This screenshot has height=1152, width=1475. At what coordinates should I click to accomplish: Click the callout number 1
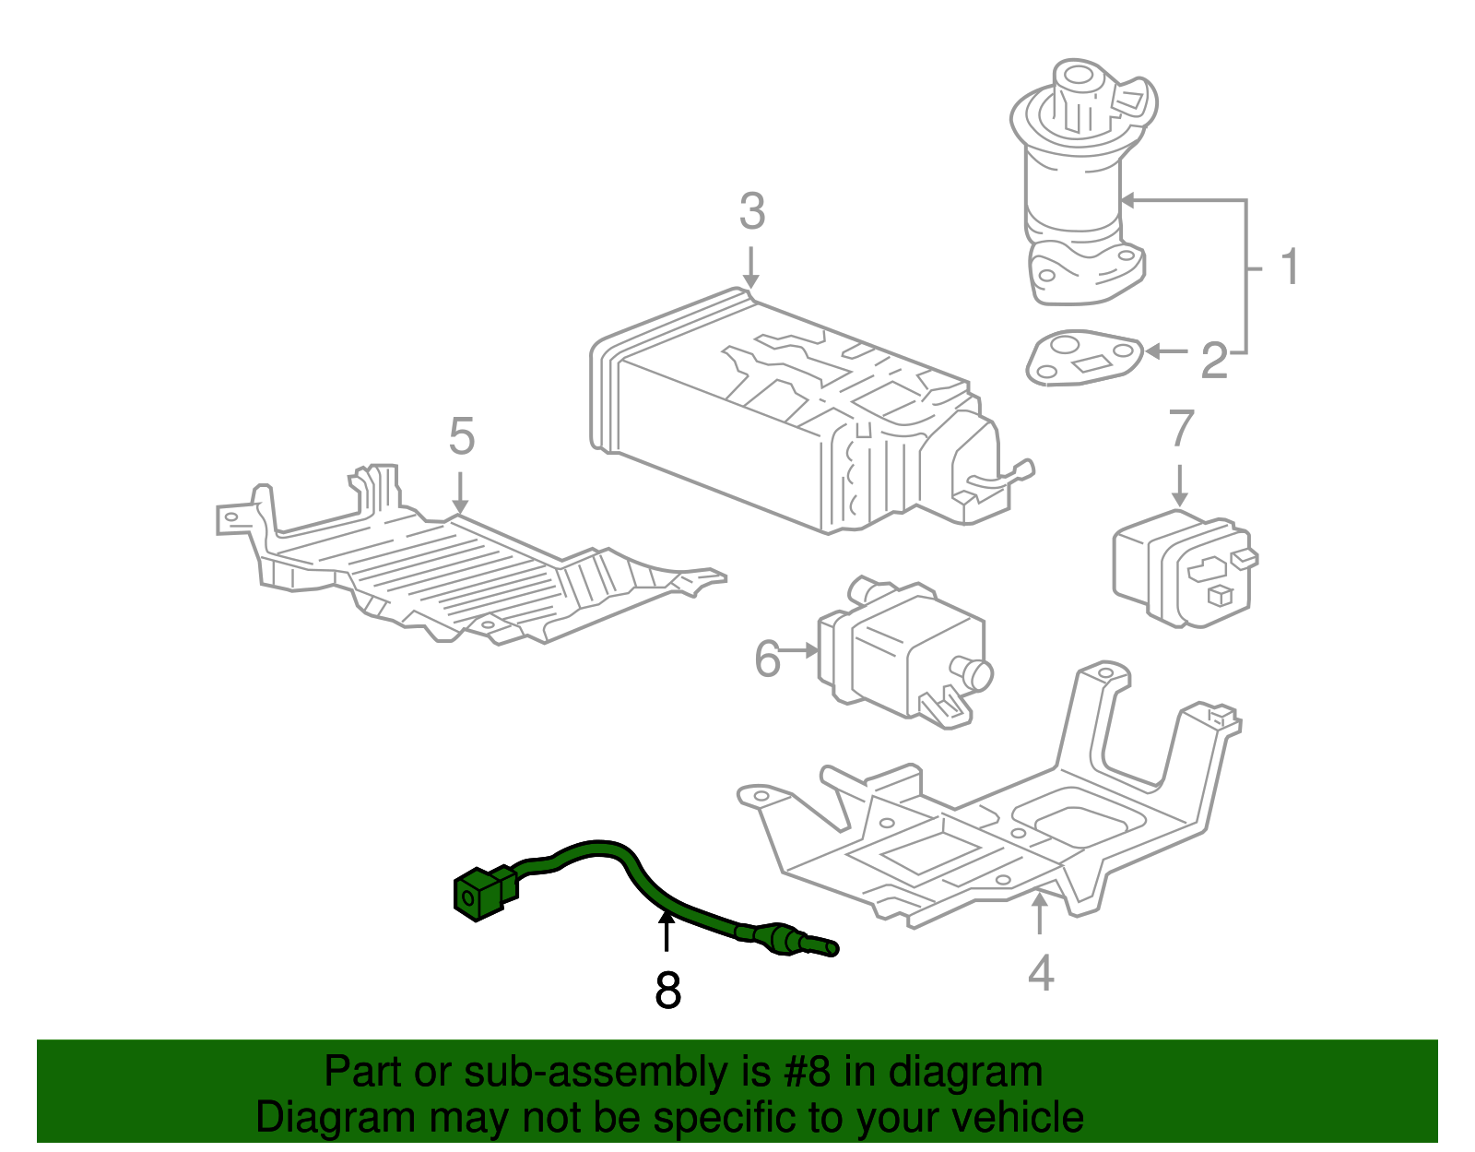coord(1290,267)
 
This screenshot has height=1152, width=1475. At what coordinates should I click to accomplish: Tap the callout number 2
coord(1214,361)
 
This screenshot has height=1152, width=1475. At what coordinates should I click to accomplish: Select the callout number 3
coord(751,212)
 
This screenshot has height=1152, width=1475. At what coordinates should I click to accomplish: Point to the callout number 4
coord(1040,974)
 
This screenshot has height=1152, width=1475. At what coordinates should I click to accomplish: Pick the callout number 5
coord(461,436)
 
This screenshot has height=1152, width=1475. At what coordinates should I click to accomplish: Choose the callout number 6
coord(767,659)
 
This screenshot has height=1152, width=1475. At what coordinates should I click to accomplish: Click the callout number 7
coord(1180,428)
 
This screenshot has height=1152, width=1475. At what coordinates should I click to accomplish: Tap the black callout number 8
coord(667,992)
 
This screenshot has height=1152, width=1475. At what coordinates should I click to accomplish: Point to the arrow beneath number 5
coord(460,493)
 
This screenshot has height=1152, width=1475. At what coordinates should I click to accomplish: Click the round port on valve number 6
coord(973,672)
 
